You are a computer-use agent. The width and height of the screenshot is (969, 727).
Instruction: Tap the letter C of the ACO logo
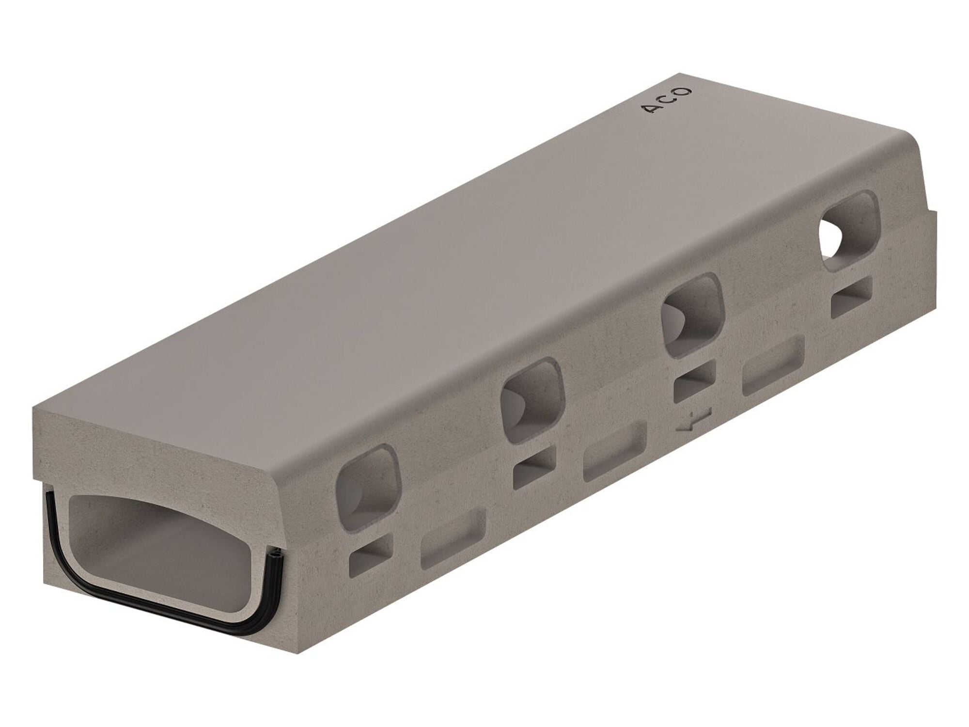[672, 99]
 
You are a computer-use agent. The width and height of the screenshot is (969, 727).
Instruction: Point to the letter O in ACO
[685, 91]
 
